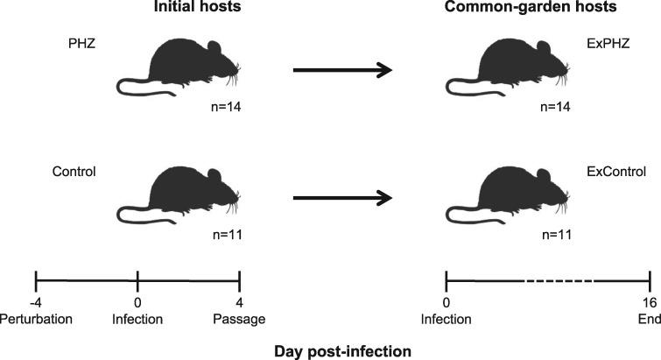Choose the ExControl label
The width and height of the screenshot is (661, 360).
619,172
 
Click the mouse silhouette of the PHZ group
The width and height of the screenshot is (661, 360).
181,70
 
